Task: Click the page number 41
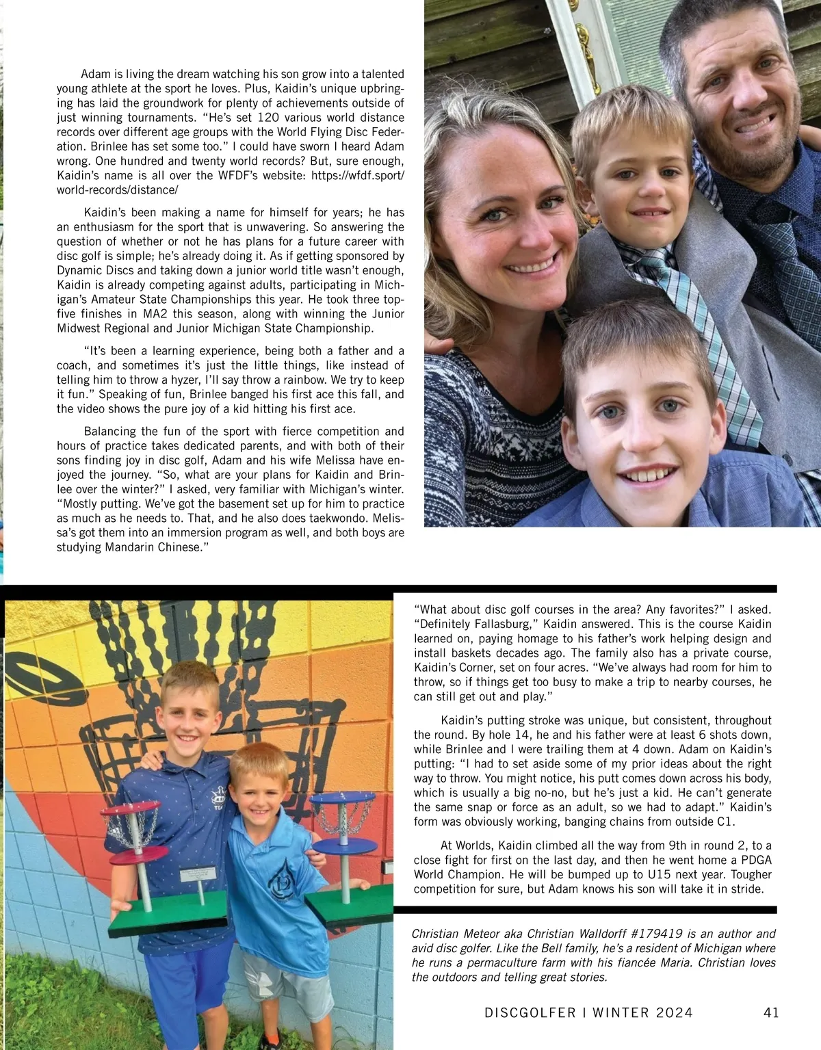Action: tap(770, 1012)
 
